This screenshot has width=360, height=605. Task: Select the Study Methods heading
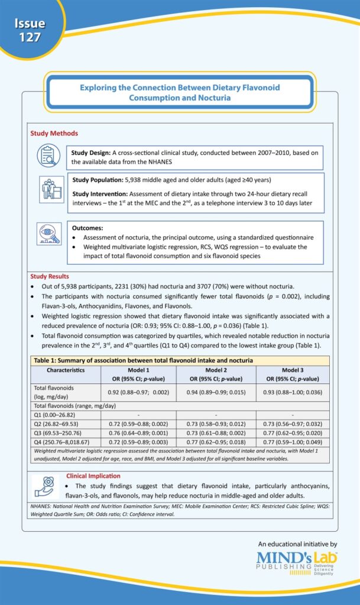click(x=54, y=134)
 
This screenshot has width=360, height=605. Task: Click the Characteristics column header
click(x=66, y=370)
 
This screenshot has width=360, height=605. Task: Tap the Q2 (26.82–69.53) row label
click(x=58, y=424)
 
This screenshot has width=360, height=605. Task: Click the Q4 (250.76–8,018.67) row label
click(x=62, y=441)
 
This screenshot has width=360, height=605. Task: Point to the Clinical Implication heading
click(x=89, y=475)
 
